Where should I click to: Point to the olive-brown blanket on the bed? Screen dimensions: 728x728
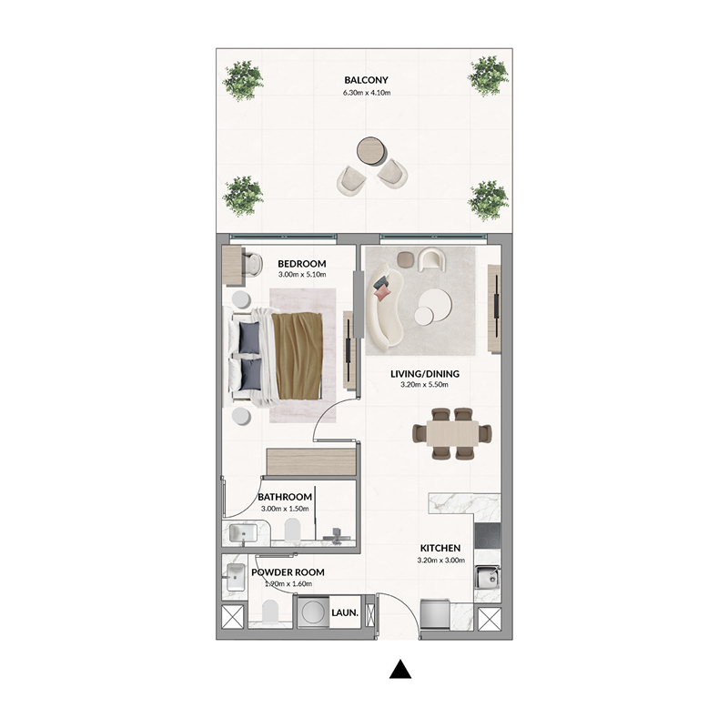click(299, 356)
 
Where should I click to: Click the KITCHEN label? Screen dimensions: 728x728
click(440, 548)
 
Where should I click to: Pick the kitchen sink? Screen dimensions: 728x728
click(487, 576)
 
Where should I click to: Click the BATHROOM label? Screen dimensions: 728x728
click(285, 497)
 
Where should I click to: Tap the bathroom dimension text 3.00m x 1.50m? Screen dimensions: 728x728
click(285, 509)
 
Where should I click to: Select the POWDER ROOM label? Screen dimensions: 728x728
click(288, 572)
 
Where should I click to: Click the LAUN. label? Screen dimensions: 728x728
click(347, 613)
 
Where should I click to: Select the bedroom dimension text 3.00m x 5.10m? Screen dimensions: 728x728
click(301, 275)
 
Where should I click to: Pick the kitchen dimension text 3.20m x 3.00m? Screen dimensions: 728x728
click(440, 561)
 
